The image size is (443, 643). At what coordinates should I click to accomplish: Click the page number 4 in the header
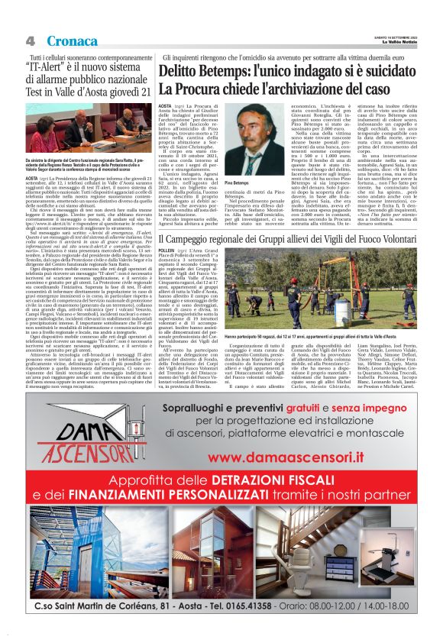[x=31, y=40]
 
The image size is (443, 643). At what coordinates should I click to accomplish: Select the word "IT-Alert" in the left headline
[x=55, y=67]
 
